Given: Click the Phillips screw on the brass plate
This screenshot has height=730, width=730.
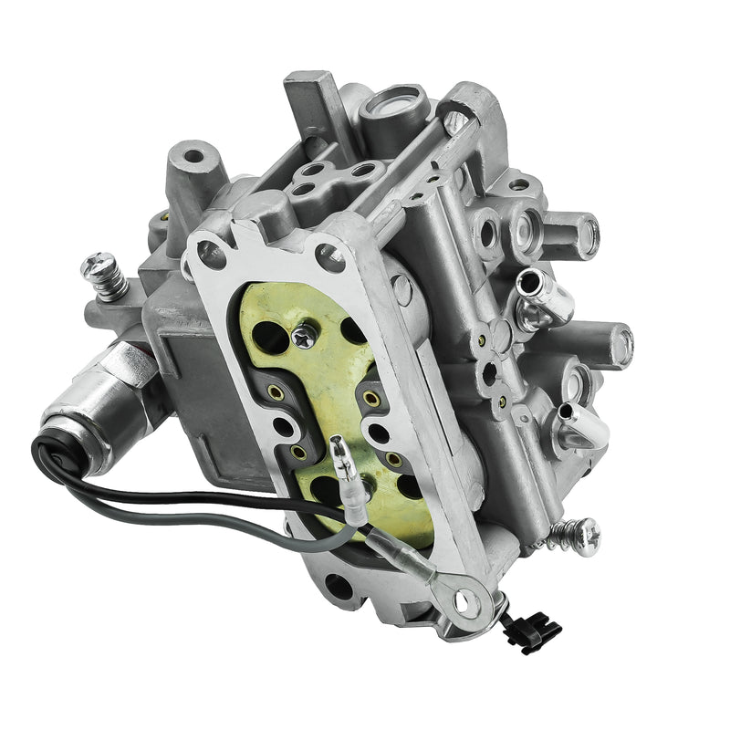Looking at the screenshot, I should (x=305, y=337).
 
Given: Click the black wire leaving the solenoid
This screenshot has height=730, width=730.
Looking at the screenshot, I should (x=182, y=497).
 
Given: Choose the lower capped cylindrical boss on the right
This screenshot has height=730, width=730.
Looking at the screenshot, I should (x=608, y=343).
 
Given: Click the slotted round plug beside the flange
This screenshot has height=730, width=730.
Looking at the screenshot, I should (x=401, y=290).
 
